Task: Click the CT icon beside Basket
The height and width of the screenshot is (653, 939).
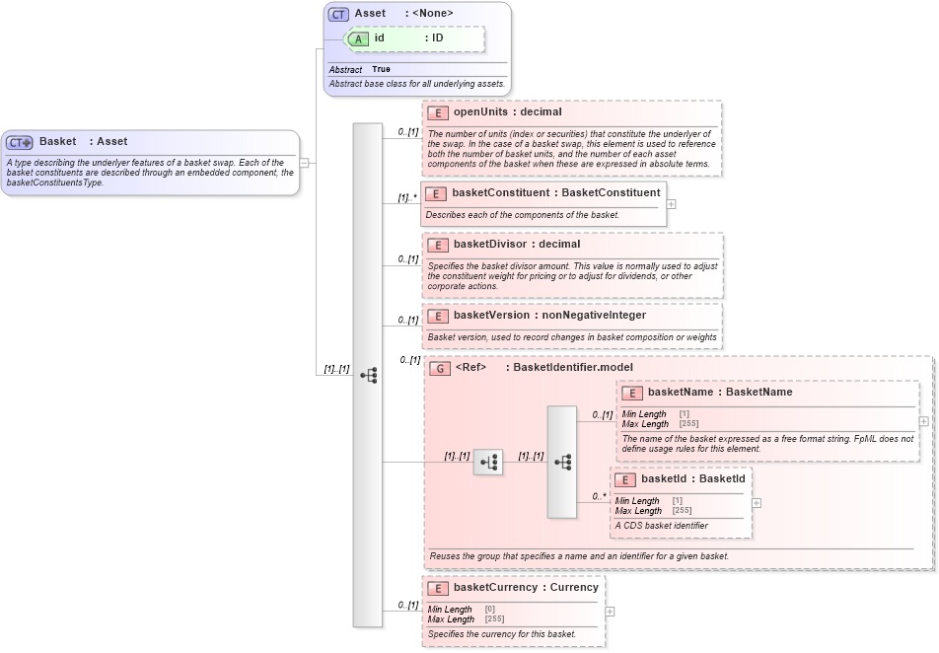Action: point(20,142)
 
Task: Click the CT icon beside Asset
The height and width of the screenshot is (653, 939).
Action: point(338,14)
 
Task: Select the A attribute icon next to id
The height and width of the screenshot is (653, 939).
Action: point(359,38)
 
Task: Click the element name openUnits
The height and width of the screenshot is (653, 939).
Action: point(480,112)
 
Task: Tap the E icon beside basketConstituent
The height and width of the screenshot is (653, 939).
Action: point(436,193)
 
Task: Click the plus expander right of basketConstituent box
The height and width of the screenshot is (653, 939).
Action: point(672,204)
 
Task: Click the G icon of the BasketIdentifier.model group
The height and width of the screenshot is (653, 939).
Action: point(441,368)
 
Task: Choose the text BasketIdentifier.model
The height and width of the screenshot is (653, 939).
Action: point(569,368)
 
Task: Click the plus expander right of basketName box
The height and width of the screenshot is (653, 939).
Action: point(924,421)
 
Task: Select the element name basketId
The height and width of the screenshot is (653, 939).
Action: point(665,479)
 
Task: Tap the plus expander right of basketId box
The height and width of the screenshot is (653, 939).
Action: point(757,503)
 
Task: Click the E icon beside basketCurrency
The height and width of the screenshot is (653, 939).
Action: point(437,588)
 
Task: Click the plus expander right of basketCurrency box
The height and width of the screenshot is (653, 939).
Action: point(611,612)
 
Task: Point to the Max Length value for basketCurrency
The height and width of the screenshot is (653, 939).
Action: point(493,619)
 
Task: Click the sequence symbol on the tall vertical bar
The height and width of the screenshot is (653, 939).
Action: point(368,376)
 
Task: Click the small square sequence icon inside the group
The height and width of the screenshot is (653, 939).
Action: point(487,462)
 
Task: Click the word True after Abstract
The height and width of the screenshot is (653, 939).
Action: point(381,70)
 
